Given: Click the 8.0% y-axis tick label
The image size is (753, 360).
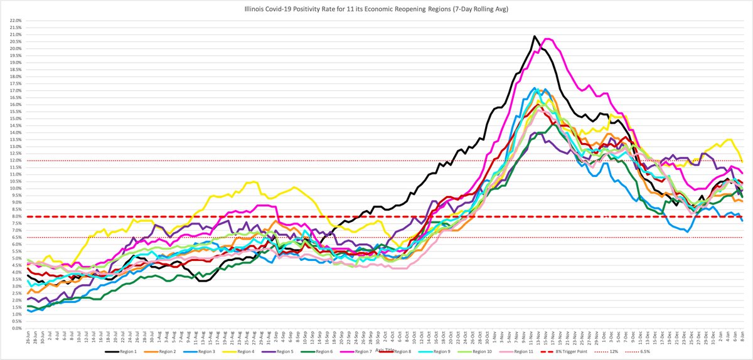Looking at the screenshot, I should tap(14, 216).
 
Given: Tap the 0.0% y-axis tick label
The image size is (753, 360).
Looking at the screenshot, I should tap(14, 328).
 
